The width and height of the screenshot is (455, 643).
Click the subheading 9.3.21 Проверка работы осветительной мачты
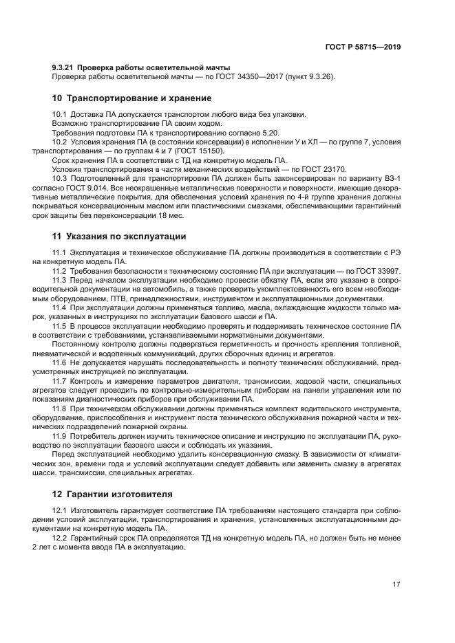click(141, 67)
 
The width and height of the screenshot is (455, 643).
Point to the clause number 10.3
click(61, 178)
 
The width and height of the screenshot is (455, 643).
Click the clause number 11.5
click(61, 326)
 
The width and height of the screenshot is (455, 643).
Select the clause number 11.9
click(61, 435)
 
